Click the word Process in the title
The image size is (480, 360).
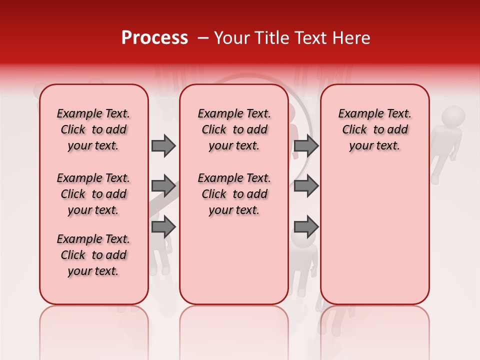pyautogui.click(x=154, y=38)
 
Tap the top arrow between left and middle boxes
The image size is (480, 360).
pyautogui.click(x=163, y=145)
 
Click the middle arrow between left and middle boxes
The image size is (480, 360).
pyautogui.click(x=163, y=186)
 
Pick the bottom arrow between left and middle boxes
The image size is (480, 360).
pyautogui.click(x=163, y=226)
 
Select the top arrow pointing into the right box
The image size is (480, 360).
pyautogui.click(x=306, y=145)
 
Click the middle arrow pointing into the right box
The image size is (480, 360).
pyautogui.click(x=306, y=186)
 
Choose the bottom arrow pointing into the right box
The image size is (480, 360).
pyautogui.click(x=306, y=226)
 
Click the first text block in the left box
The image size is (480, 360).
pyautogui.click(x=93, y=129)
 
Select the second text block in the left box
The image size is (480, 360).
pyautogui.click(x=93, y=194)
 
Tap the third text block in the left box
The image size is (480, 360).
pyautogui.click(x=93, y=255)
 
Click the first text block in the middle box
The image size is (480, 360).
pyautogui.click(x=234, y=129)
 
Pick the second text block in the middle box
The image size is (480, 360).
pyautogui.click(x=234, y=194)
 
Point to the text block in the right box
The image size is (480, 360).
pyautogui.click(x=374, y=129)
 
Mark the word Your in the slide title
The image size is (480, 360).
pyautogui.click(x=231, y=38)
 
